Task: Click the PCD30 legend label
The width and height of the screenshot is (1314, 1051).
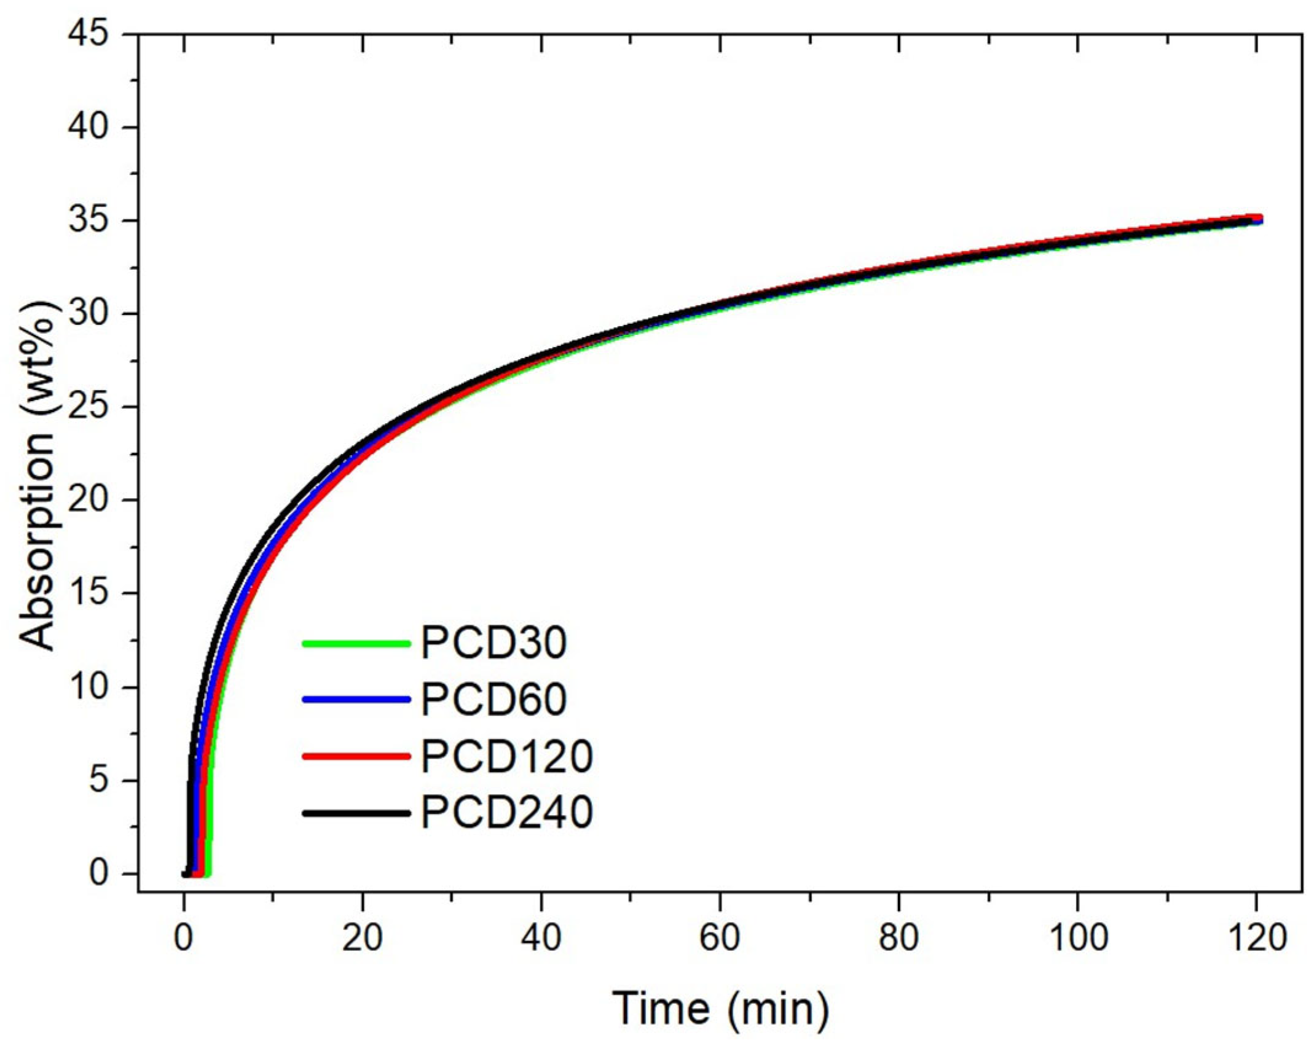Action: click(x=493, y=643)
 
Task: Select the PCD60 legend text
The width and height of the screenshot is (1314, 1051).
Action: click(x=493, y=699)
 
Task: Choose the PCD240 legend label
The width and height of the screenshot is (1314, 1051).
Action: click(x=506, y=812)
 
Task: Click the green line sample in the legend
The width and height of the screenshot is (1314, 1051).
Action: click(x=356, y=644)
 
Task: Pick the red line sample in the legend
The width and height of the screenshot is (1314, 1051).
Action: click(x=356, y=756)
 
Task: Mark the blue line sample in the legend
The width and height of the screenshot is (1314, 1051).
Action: click(x=356, y=699)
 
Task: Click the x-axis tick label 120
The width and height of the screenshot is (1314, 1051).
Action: click(x=1255, y=938)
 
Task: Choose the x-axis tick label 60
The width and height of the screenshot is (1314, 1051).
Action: click(x=720, y=938)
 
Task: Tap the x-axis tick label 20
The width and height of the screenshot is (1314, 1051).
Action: click(x=362, y=938)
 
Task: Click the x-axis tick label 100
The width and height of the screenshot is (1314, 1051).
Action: click(x=1077, y=938)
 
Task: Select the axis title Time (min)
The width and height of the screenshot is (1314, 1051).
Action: click(x=720, y=1008)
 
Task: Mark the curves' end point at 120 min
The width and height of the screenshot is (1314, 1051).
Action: click(x=1256, y=219)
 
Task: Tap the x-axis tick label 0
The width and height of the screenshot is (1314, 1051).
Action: click(x=183, y=938)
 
